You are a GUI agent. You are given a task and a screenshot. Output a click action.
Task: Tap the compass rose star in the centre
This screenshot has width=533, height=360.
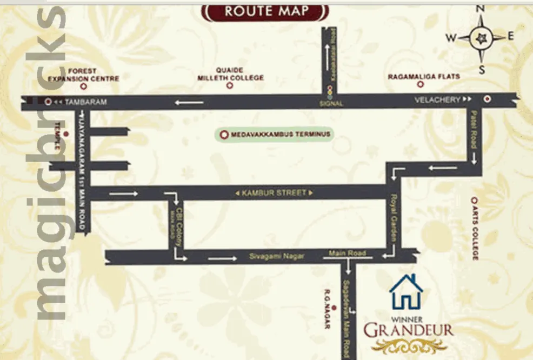[480, 38]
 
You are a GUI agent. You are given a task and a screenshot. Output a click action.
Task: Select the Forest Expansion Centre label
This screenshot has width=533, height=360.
[83, 75]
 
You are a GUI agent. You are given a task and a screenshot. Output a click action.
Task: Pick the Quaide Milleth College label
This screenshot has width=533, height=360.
[231, 74]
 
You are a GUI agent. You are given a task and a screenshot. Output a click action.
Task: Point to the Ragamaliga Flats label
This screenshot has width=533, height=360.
[423, 77]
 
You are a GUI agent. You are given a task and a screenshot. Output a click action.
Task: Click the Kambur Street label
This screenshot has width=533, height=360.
[274, 192]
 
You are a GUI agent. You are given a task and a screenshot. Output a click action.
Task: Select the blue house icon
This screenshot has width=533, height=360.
[406, 292]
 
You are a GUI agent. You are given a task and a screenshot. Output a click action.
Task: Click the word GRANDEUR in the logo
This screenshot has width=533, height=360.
[408, 329]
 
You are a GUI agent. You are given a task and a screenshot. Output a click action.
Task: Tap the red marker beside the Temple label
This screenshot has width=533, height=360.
[66, 133]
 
